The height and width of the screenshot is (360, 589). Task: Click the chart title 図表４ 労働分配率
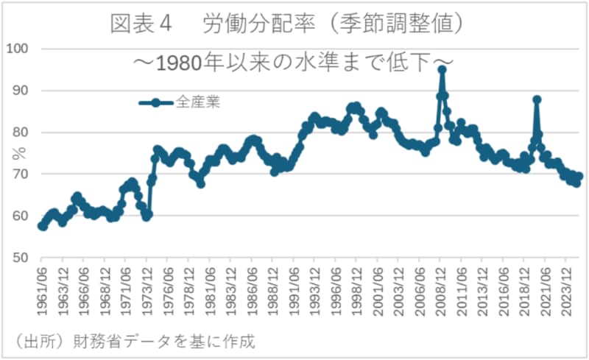(287, 24)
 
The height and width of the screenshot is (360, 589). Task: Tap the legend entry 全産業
(197, 102)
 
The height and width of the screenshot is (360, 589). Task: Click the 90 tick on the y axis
(18, 91)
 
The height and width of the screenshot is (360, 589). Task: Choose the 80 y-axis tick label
(18, 133)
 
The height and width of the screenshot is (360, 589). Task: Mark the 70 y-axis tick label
(18, 174)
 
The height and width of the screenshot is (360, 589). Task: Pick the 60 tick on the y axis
(18, 216)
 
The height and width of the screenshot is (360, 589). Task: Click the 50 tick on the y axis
(18, 258)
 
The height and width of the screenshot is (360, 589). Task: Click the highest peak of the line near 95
(442, 70)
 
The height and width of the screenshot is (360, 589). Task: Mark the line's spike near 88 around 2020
(537, 99)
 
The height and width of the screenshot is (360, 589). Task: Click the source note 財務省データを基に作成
(133, 342)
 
